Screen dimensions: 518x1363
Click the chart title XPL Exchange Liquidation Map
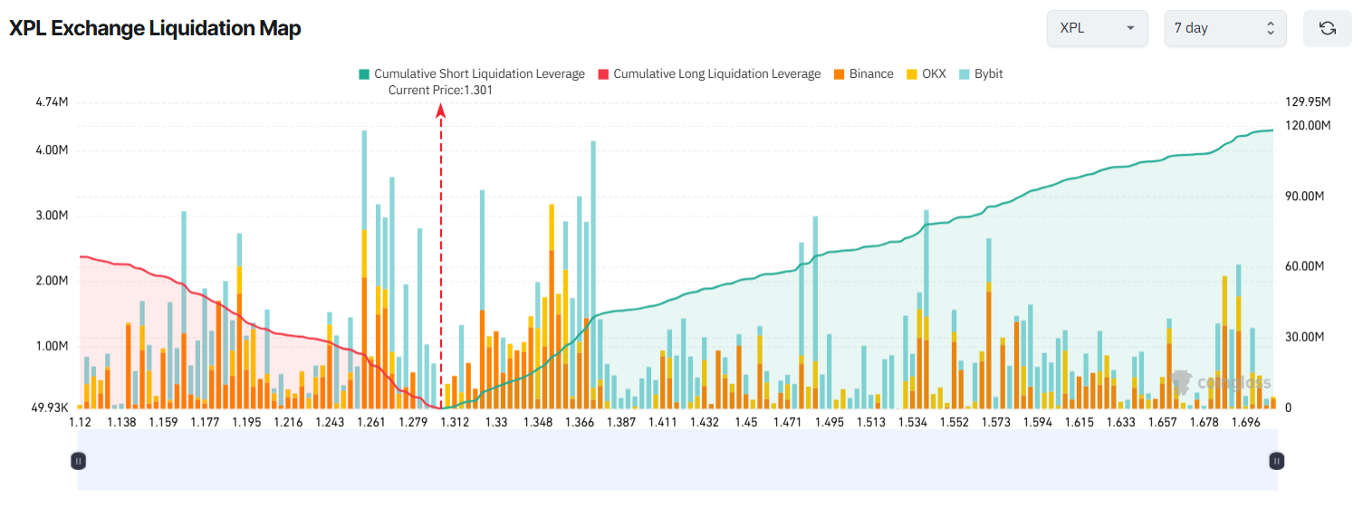[155, 28]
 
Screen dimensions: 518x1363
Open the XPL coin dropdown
[1097, 28]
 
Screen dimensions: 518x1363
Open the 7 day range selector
[1224, 28]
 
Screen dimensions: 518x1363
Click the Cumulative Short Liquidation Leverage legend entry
[471, 74]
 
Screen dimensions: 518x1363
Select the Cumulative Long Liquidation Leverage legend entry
[709, 74]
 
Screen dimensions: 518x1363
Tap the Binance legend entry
[863, 74]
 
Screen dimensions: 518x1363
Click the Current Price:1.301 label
[440, 90]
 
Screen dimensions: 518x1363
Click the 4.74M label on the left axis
[52, 102]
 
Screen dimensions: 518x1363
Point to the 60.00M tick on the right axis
[1304, 266]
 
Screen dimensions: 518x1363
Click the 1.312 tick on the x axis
[455, 423]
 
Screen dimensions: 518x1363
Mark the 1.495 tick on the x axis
[829, 423]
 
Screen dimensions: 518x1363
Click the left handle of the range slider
[79, 461]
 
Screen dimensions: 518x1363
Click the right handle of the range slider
[1276, 461]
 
